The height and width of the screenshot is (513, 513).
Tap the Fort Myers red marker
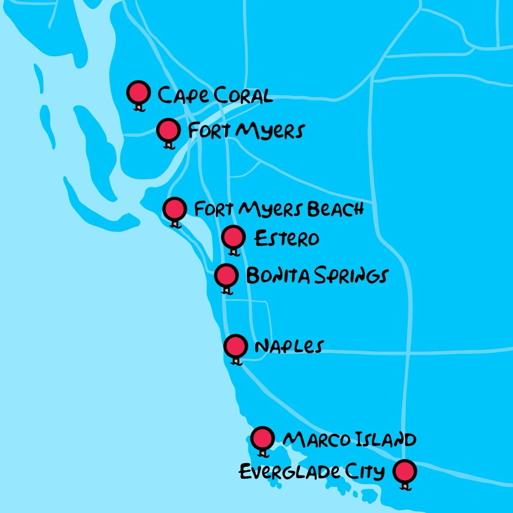pos(168,130)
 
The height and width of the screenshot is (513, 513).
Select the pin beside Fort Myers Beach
pos(174,209)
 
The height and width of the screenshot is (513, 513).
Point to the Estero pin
pos(234,237)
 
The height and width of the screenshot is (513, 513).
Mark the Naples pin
pos(236,345)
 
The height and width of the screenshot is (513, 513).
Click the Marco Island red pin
pos(262,439)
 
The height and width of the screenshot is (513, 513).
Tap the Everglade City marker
pos(405,471)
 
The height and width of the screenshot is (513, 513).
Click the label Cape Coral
pos(215,96)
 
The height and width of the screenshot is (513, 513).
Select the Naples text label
pos(289,346)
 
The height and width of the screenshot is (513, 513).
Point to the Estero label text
pos(287,238)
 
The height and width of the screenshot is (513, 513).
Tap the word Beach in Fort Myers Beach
pos(335,209)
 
